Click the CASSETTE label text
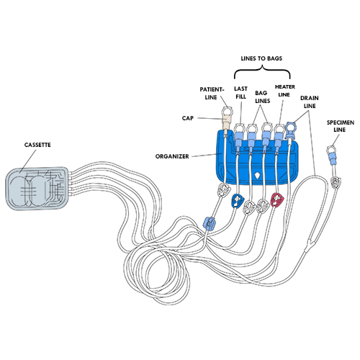pos(37,145)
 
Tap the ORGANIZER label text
pos(172,156)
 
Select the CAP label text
pos(188,118)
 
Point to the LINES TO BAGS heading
pos(261,58)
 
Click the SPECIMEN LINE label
pos(341,126)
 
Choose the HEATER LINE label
pos(285,91)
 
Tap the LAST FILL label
pos(240,92)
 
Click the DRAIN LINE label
pos(310,102)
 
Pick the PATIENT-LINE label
pos(212,93)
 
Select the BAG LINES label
pos(262,96)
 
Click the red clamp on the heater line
pos(277,199)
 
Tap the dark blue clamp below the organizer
pos(238,200)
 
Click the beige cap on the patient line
pos(226,123)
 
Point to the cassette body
pos(37,189)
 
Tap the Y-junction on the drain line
pos(309,245)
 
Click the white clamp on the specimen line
pos(336,183)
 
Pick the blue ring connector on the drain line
pos(291,129)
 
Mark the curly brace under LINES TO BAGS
pos(262,72)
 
